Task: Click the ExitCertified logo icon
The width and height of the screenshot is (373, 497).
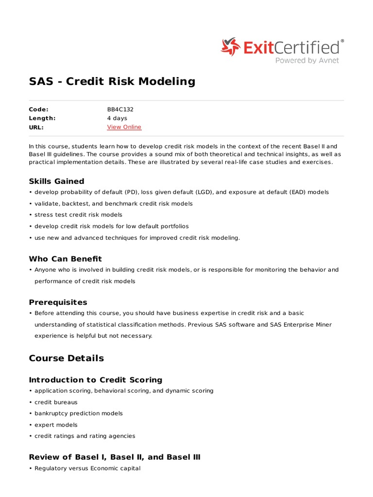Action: tap(231, 47)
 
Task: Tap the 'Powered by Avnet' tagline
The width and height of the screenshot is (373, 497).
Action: tap(307, 61)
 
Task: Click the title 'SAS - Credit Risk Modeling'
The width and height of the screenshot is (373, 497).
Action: tap(112, 82)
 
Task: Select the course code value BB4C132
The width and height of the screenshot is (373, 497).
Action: tap(120, 109)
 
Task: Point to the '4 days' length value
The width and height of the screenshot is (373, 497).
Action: tap(117, 118)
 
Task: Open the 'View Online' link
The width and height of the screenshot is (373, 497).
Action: tap(124, 127)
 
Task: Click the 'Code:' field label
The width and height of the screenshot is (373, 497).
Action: tap(39, 109)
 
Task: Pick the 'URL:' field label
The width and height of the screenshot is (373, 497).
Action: tap(36, 127)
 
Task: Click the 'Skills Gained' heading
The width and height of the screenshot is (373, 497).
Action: tap(56, 181)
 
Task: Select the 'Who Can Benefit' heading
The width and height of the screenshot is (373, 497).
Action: tap(66, 259)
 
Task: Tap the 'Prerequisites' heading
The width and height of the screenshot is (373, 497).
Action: tap(58, 302)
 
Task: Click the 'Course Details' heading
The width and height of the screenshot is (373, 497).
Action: tap(67, 358)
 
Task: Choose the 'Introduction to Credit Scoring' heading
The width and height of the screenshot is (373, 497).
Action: tap(96, 380)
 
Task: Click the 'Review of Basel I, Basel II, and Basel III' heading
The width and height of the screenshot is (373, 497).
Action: tap(115, 457)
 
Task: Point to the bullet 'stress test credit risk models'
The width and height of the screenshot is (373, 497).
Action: tap(78, 215)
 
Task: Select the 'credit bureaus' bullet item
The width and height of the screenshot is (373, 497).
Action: tap(56, 402)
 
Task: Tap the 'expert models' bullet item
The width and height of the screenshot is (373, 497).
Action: tap(56, 425)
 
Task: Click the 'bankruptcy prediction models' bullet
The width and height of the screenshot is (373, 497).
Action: tap(79, 414)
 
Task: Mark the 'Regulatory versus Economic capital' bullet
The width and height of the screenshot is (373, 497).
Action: tap(87, 468)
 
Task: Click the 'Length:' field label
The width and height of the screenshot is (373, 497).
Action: tap(42, 118)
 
